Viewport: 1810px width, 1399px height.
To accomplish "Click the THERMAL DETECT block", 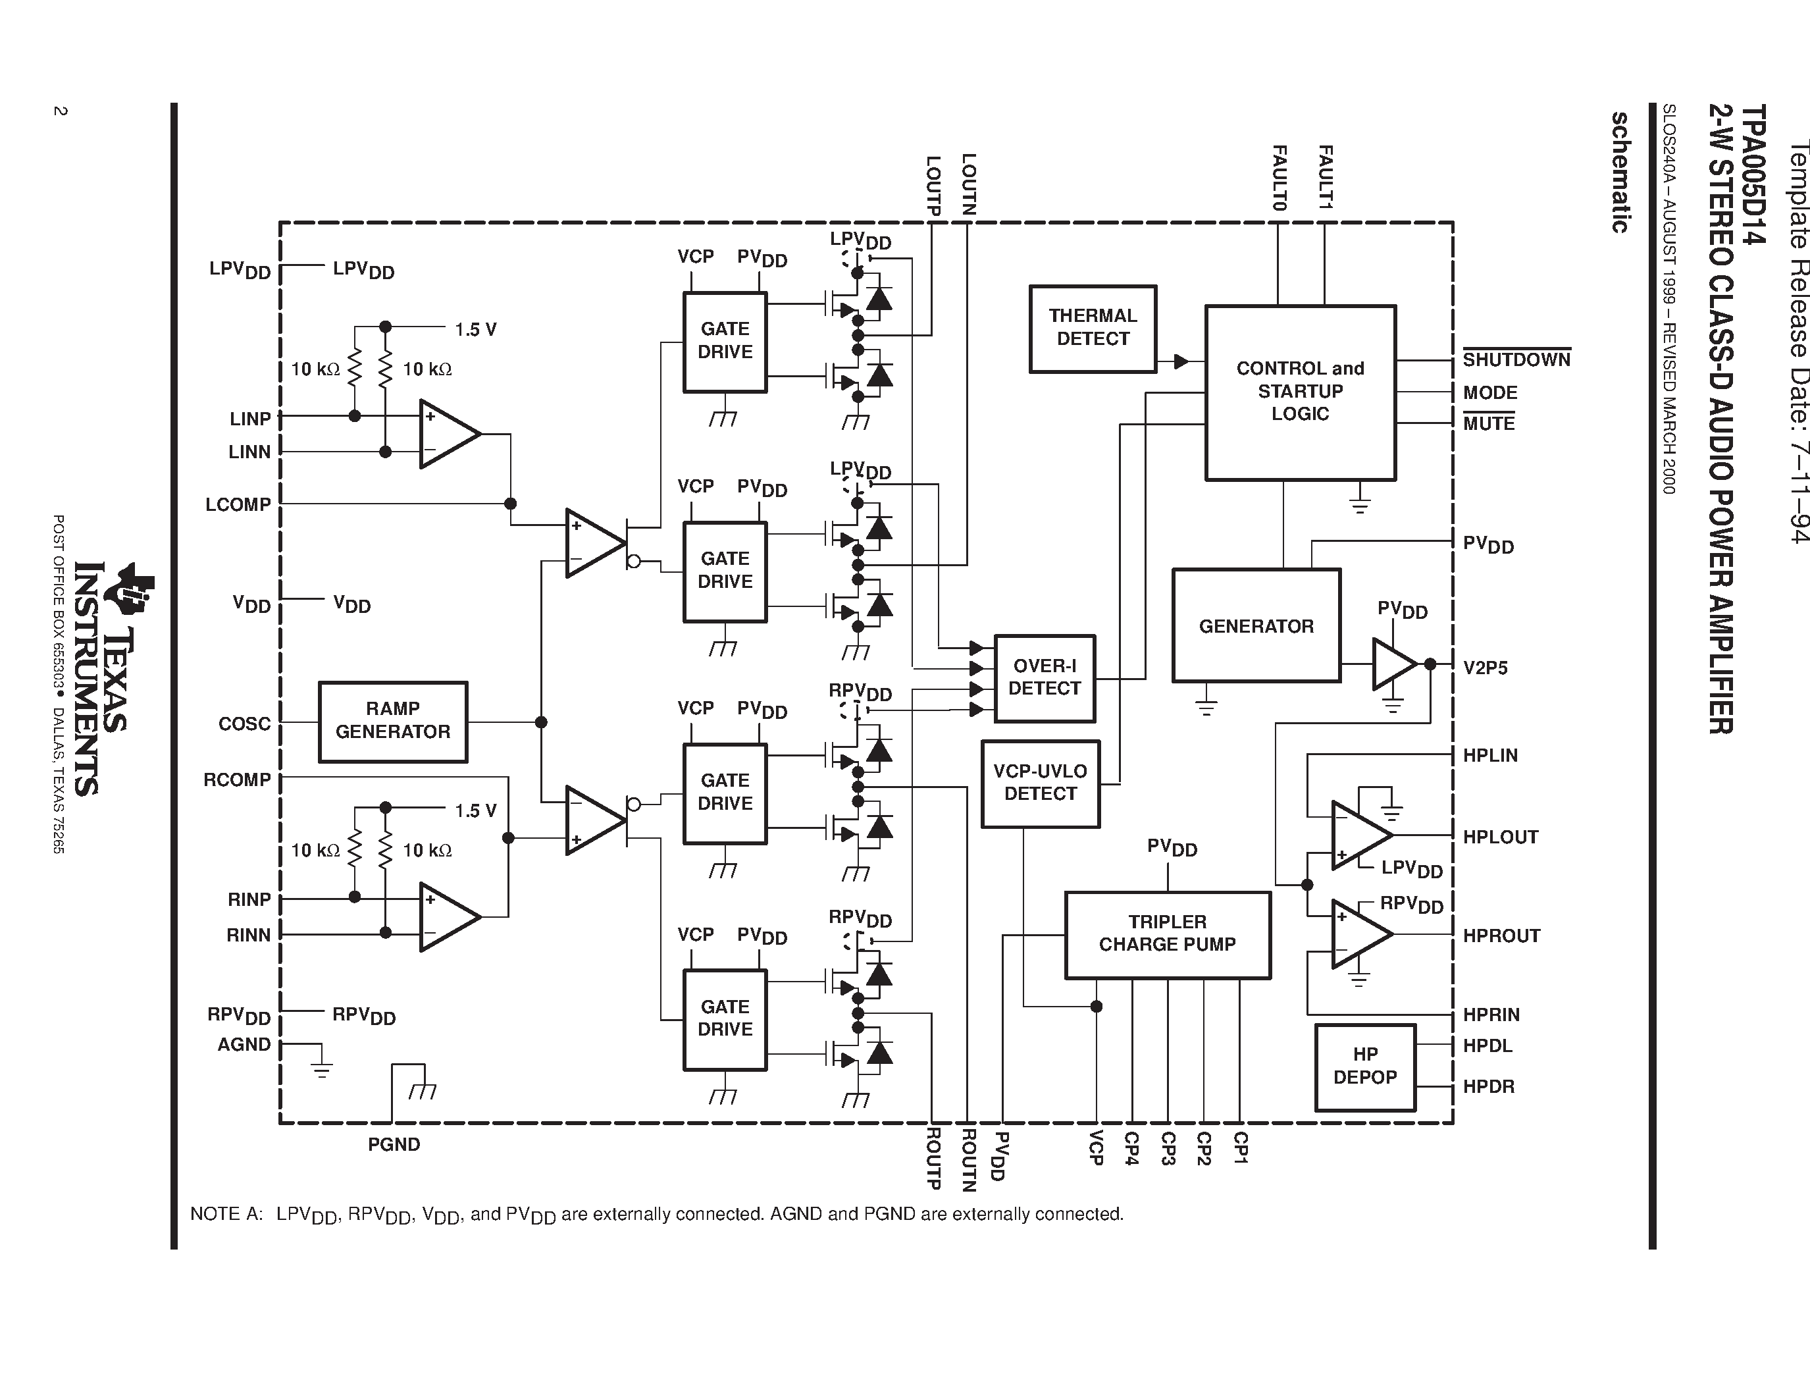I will pyautogui.click(x=1093, y=329).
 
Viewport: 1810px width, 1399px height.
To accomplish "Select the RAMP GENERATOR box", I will pyautogui.click(x=393, y=721).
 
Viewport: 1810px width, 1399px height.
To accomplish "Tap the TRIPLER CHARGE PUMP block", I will pyautogui.click(x=1167, y=934).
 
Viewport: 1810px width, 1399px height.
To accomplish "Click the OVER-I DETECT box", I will pyautogui.click(x=1045, y=678).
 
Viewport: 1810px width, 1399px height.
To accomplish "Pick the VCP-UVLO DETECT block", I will pyautogui.click(x=1040, y=783).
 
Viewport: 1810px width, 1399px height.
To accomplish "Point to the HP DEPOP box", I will pyautogui.click(x=1365, y=1067).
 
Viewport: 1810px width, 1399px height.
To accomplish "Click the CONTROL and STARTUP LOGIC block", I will pyautogui.click(x=1299, y=392).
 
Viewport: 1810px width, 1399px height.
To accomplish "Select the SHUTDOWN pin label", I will pyautogui.click(x=1516, y=359).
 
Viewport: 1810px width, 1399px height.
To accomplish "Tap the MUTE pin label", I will pyautogui.click(x=1488, y=423).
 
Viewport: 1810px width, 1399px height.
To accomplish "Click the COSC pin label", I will pyautogui.click(x=244, y=724).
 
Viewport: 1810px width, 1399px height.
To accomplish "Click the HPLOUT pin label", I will pyautogui.click(x=1500, y=837).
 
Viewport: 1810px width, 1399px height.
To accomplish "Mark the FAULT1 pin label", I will pyautogui.click(x=1324, y=176).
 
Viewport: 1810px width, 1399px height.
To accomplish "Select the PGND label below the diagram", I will pyautogui.click(x=394, y=1145).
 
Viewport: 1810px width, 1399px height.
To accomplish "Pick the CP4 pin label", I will pyautogui.click(x=1131, y=1149).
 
